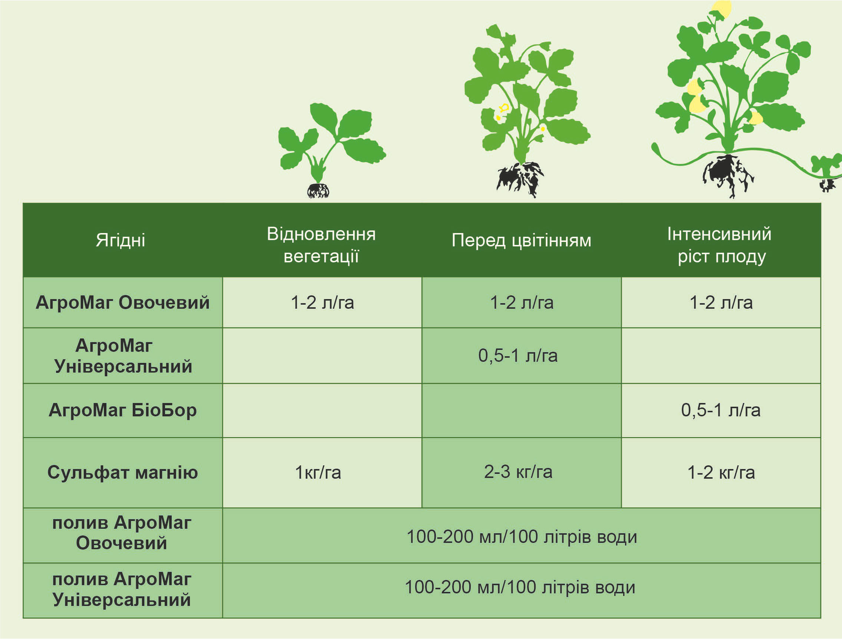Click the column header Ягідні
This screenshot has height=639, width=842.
click(x=120, y=240)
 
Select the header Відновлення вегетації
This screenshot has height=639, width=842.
click(x=321, y=245)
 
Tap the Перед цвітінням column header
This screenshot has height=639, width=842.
click(x=522, y=241)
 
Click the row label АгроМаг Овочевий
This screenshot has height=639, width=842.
click(x=122, y=303)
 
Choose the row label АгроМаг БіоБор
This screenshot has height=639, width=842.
click(x=122, y=410)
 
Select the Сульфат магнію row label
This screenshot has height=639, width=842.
click(x=122, y=472)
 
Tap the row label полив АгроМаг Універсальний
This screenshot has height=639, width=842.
click(x=122, y=589)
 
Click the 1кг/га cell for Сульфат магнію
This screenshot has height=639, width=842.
click(x=318, y=473)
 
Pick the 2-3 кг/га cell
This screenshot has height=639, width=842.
click(x=518, y=472)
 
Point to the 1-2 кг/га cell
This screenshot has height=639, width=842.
click(x=721, y=473)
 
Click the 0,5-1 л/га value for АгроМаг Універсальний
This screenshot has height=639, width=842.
click(x=518, y=355)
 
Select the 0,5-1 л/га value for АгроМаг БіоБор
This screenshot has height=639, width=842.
click(x=721, y=410)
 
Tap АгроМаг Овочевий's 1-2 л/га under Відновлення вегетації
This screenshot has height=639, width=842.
click(x=322, y=303)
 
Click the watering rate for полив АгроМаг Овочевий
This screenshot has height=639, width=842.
click(x=522, y=537)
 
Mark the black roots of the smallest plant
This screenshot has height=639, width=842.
click(x=318, y=190)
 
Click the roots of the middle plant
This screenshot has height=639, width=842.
click(x=520, y=179)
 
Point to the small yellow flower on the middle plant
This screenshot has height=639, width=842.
click(x=503, y=108)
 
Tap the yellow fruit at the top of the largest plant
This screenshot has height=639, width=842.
click(x=721, y=9)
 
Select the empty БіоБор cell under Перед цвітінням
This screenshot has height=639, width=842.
click(x=522, y=410)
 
